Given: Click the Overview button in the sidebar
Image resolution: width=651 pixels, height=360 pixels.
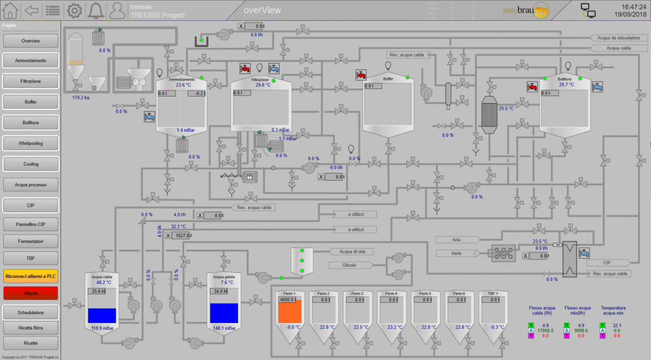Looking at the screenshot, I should (31, 41).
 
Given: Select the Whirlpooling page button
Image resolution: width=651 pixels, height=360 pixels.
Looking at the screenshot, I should (31, 143).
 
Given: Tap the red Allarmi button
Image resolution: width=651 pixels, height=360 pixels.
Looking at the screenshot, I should (31, 293).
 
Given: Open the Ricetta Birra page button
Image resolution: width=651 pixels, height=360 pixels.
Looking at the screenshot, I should (31, 328).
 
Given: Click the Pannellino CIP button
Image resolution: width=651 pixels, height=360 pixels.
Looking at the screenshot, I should (31, 224).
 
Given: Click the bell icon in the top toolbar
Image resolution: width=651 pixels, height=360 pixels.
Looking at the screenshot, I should (95, 10).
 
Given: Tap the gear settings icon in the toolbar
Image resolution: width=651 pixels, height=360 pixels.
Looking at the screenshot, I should (74, 10).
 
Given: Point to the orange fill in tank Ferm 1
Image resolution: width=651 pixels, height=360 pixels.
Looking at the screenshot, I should (291, 312).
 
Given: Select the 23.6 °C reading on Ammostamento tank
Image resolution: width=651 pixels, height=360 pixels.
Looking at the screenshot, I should (184, 85).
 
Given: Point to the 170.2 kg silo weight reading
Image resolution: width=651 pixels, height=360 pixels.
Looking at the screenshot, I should (81, 98).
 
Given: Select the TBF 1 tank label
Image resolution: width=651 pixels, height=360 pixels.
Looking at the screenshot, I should (493, 293).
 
